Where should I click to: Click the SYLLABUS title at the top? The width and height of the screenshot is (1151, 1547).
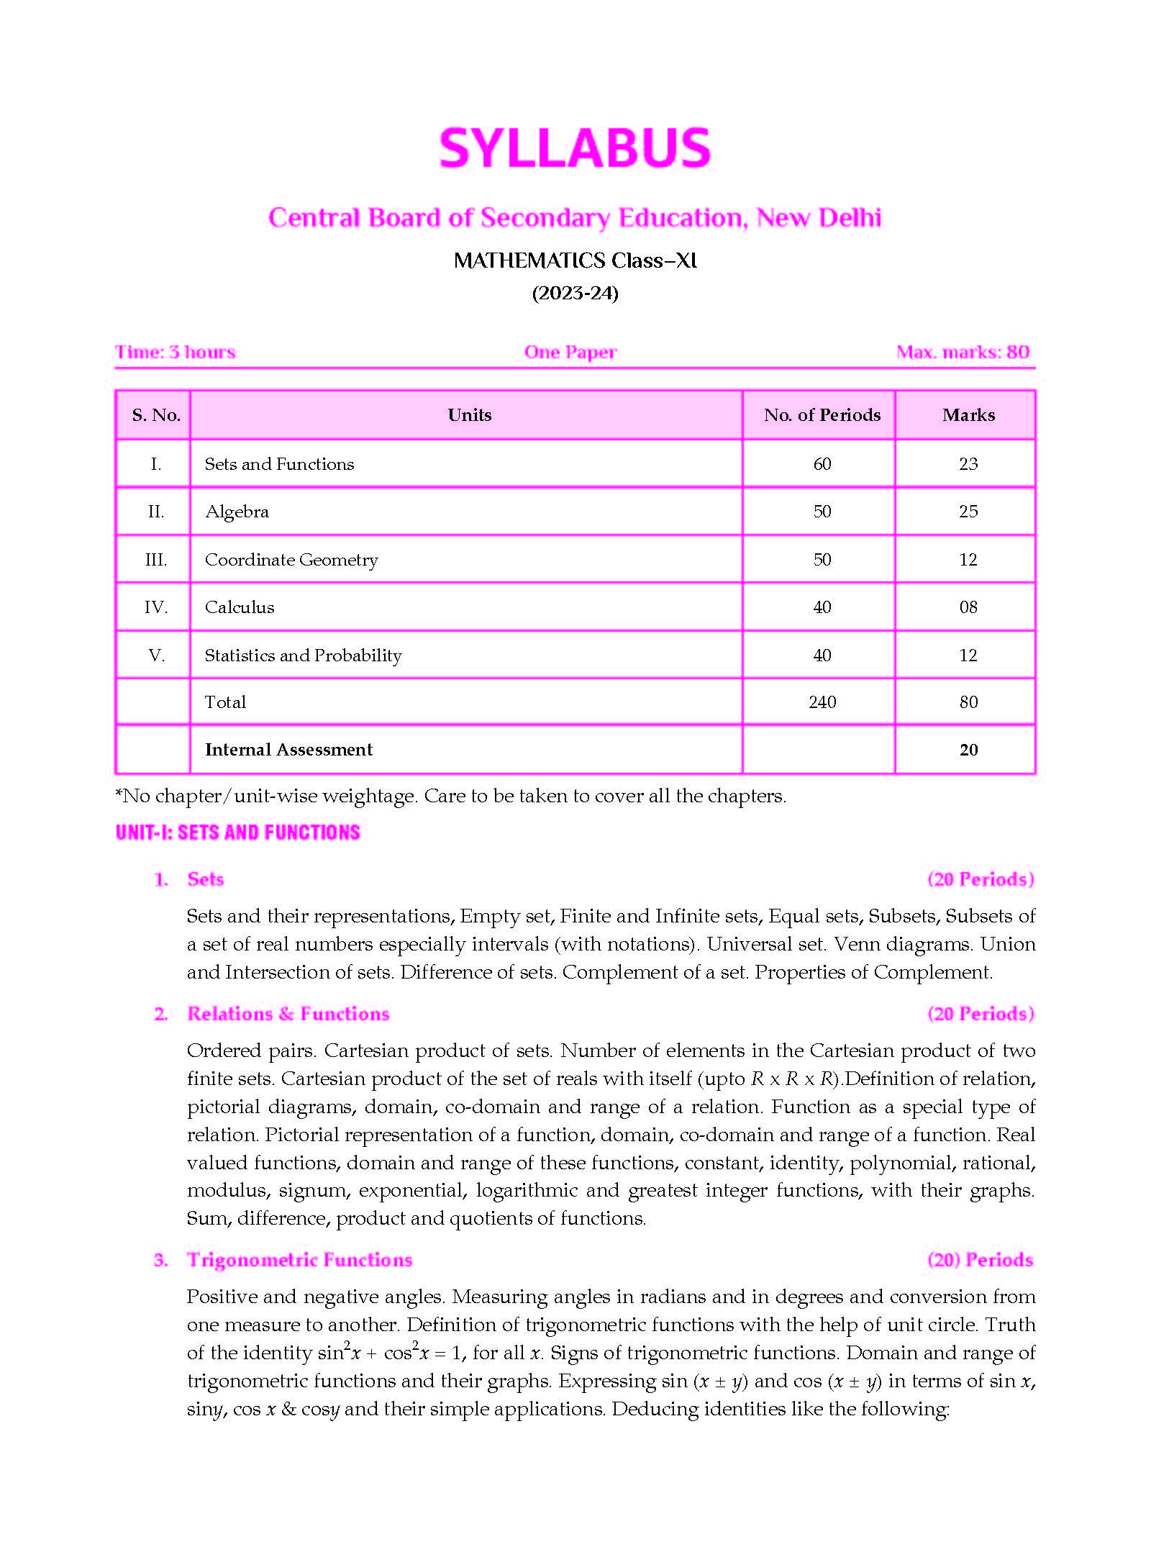[x=575, y=148]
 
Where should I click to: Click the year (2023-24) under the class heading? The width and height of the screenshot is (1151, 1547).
[x=575, y=294]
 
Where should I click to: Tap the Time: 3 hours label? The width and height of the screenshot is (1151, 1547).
[x=176, y=353]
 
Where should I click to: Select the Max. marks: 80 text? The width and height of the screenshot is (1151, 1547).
[x=963, y=353]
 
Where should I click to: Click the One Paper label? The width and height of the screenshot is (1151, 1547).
[x=570, y=353]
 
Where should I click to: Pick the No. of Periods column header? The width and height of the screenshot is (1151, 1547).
[x=822, y=415]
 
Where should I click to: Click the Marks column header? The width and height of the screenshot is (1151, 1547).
[x=968, y=415]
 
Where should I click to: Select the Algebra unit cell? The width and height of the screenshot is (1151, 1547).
[x=237, y=512]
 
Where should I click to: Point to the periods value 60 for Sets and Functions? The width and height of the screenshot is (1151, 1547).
[x=822, y=464]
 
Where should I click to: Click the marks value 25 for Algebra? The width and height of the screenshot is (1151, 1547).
[x=968, y=512]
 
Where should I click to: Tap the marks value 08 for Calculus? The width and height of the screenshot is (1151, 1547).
[x=968, y=607]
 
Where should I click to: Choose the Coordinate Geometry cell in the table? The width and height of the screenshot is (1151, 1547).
[x=291, y=560]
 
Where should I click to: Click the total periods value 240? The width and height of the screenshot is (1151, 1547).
[x=822, y=702]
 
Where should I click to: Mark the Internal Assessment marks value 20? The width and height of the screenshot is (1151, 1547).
[x=968, y=750]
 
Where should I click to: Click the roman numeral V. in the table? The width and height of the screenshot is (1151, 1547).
[x=156, y=655]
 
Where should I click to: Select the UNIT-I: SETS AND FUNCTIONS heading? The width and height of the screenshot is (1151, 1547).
[x=237, y=833]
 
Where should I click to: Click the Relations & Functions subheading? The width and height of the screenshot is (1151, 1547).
[x=288, y=1014]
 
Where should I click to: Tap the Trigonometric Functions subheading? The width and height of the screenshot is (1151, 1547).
[x=299, y=1260]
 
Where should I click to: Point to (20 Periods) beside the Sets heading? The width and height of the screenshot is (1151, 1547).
[x=981, y=879]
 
